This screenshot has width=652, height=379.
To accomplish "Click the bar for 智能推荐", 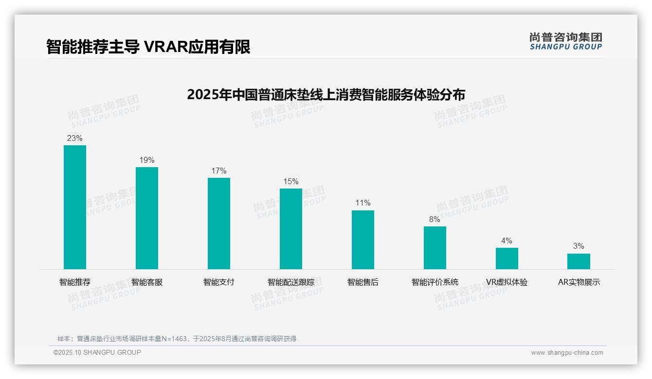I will (x=75, y=207).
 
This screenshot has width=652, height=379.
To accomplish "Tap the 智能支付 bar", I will (x=219, y=223).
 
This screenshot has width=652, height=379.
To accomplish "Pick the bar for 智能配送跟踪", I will (x=291, y=228).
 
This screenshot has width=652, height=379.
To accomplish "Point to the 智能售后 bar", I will (x=363, y=240).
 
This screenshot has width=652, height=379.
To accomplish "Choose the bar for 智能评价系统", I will (x=435, y=247).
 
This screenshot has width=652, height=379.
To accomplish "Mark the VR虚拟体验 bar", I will (x=507, y=258).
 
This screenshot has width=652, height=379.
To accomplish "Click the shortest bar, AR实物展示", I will (x=579, y=261).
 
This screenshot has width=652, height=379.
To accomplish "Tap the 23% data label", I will (x=75, y=138).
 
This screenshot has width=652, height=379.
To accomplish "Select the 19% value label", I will (x=147, y=160).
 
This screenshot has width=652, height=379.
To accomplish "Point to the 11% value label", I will (x=363, y=203).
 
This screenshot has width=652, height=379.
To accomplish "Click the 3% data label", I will (x=579, y=246).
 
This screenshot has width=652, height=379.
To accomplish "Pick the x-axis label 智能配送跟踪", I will (x=291, y=282).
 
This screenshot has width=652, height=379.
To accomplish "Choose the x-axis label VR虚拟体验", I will (x=507, y=282).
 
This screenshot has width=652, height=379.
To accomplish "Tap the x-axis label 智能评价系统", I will (x=435, y=282).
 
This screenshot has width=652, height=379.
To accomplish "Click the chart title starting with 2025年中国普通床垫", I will (x=326, y=94).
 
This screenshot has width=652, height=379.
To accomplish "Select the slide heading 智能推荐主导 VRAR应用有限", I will (x=148, y=47).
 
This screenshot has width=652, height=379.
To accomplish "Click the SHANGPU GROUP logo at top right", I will (x=566, y=41).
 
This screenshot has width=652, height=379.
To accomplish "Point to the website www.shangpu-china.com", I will (x=567, y=353).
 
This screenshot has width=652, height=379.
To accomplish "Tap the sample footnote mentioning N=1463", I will (x=177, y=339).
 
